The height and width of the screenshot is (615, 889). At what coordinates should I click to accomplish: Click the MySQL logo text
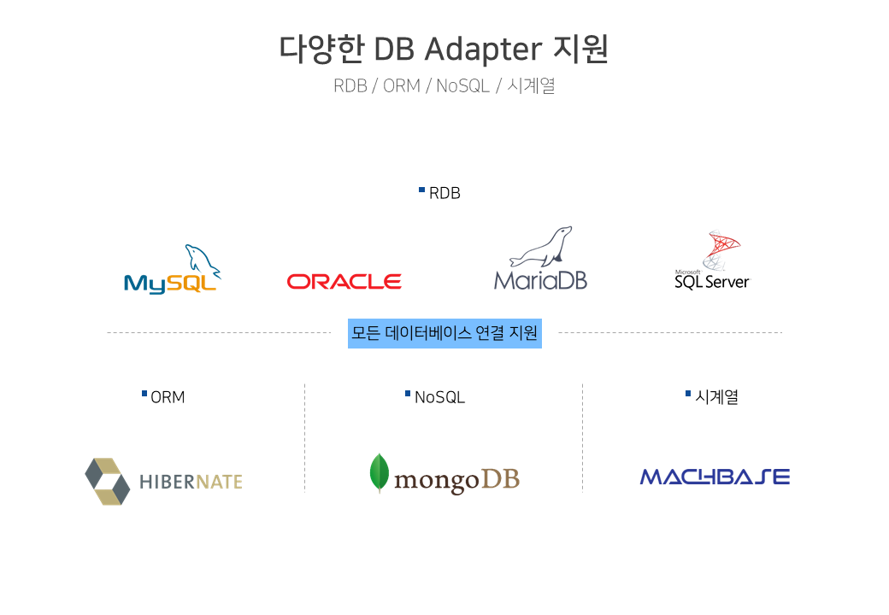[x=170, y=284]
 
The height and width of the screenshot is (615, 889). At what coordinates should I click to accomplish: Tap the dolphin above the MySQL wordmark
[x=203, y=261]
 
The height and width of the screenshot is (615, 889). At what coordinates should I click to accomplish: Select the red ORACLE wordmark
[x=344, y=282]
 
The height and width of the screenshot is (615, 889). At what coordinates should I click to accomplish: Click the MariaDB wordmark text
[x=540, y=280]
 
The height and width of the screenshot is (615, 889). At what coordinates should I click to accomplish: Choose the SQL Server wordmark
[x=712, y=282]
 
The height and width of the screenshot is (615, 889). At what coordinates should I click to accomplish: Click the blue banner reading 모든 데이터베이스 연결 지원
[x=444, y=333]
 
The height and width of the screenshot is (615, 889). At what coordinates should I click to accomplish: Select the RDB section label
[x=444, y=193]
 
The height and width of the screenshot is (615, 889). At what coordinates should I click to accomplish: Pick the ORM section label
[x=168, y=397]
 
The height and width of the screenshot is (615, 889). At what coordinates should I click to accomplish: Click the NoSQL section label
[x=440, y=397]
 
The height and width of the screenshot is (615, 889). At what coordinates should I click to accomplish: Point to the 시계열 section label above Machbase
[x=716, y=396]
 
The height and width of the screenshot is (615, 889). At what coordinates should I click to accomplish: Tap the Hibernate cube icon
[x=108, y=482]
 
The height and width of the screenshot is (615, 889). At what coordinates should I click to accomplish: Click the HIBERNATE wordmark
[x=191, y=482]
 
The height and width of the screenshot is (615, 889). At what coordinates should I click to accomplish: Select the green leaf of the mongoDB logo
[x=380, y=473]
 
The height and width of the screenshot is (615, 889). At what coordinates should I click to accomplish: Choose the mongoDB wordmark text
[x=457, y=481]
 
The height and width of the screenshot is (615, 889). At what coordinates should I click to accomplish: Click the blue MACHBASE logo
[x=715, y=477]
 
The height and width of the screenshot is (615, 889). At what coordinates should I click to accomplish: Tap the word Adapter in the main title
[x=483, y=50]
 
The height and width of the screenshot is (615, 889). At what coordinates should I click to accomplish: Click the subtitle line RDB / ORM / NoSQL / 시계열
[x=444, y=85]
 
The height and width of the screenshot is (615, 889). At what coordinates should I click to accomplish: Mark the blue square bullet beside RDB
[x=421, y=190]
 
